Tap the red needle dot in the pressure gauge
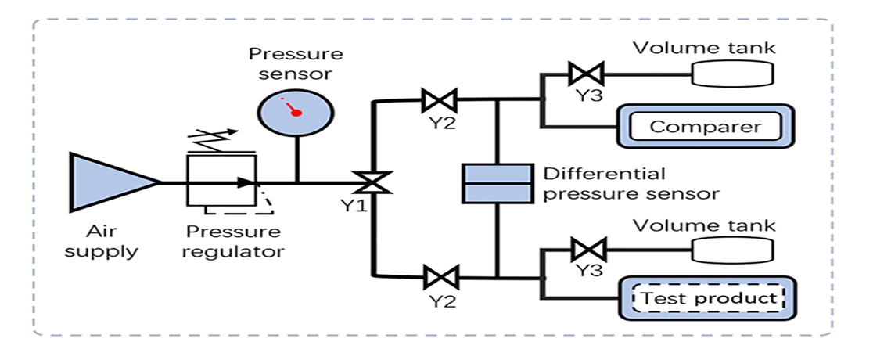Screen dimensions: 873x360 [296, 113]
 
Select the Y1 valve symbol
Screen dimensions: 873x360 [375, 182]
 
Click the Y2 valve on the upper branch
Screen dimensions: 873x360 [440, 101]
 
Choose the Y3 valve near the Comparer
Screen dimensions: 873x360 [587, 73]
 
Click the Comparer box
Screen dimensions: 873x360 [706, 126]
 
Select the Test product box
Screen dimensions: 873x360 [708, 298]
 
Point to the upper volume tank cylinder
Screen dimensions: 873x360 [733, 73]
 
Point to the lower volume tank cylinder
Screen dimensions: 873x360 [733, 250]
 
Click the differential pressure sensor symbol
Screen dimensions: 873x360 [498, 183]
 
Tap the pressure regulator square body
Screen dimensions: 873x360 [221, 181]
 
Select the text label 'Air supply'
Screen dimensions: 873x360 [101, 240]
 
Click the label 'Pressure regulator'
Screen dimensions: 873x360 [233, 240]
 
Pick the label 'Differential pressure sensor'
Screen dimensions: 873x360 [631, 183]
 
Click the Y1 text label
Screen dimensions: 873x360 [354, 206]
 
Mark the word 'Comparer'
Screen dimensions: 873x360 [706, 127]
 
